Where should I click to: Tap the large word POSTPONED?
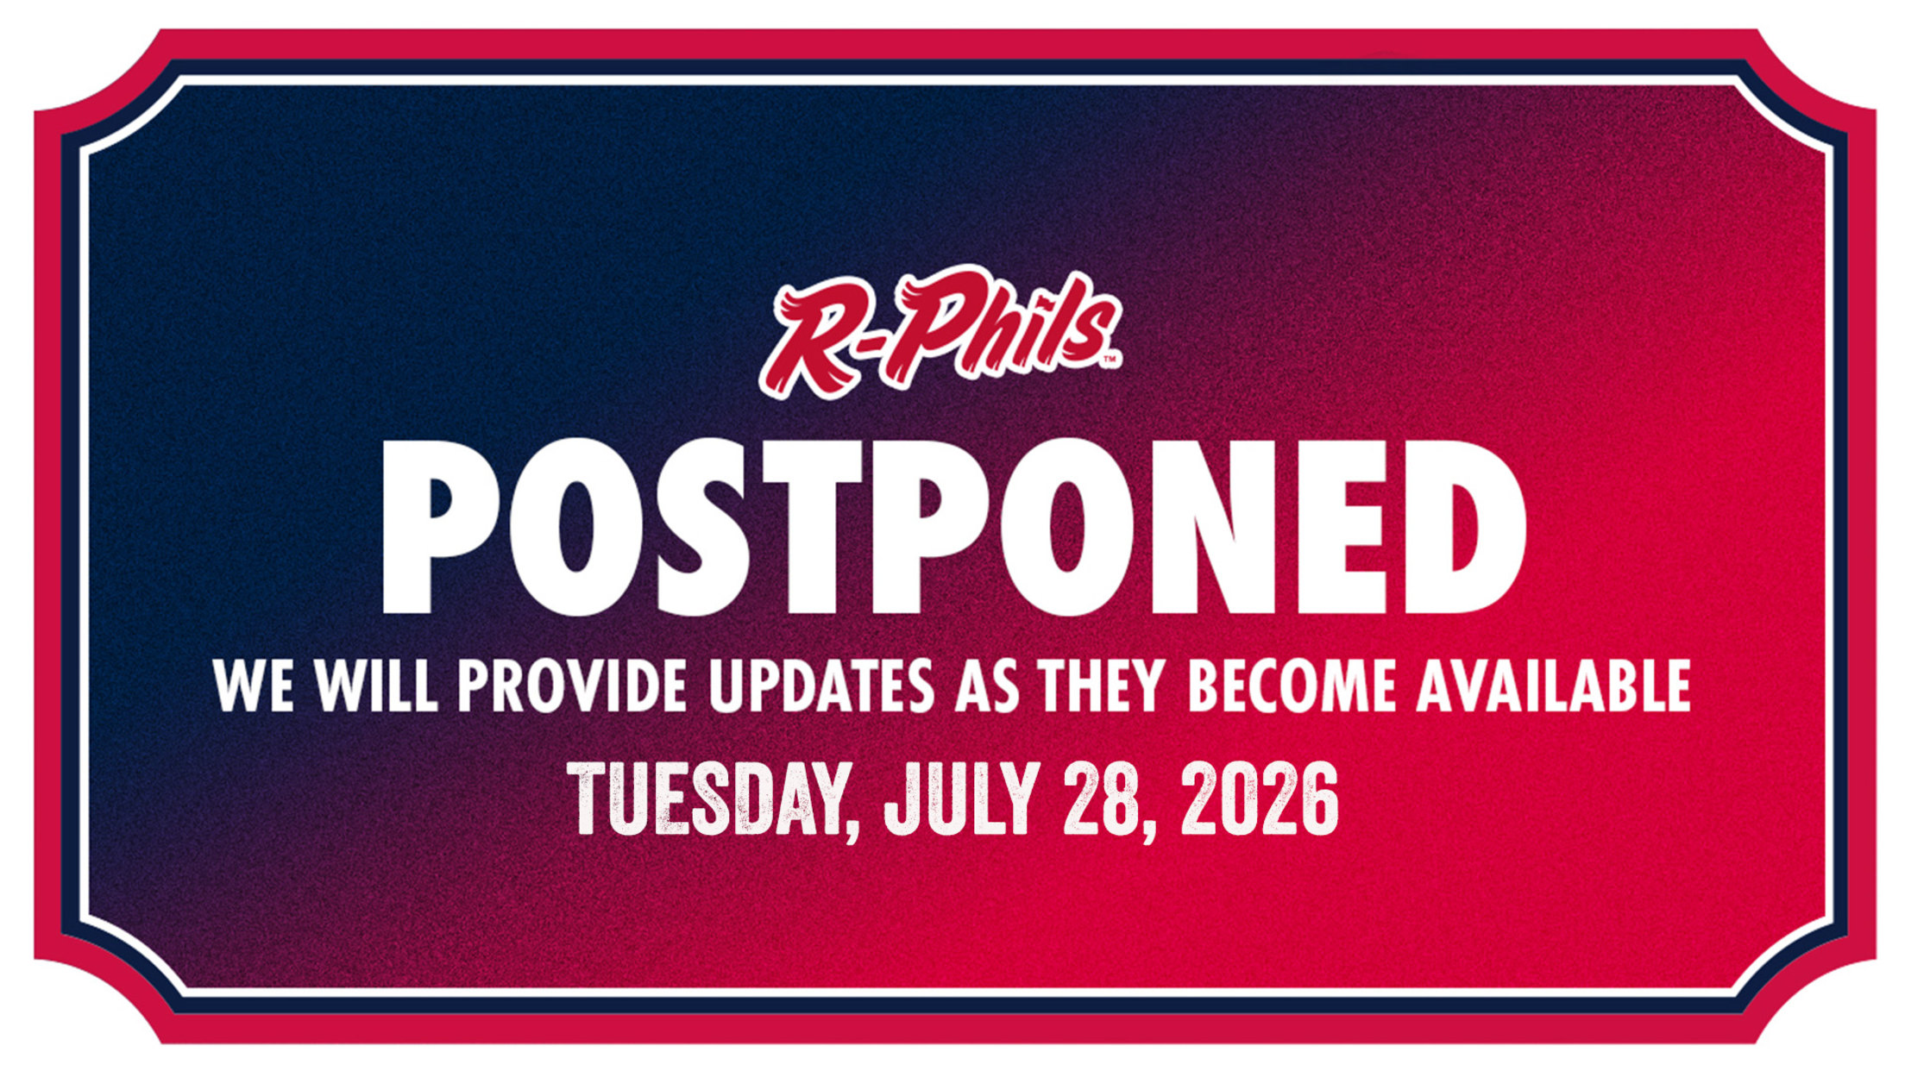click(x=953, y=527)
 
